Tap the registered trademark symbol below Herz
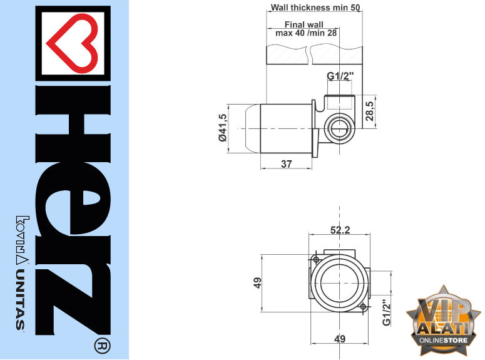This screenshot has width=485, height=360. pos(102,346)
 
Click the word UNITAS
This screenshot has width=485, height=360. pos(21,300)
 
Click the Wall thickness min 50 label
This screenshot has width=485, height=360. pos(315,7)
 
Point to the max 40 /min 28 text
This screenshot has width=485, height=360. pos(306,33)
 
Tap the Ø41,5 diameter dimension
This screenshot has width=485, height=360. pos(223,128)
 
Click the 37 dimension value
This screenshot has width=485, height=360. pos(287,164)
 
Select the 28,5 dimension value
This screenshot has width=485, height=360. pos(369,111)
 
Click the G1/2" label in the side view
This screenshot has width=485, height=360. pos(340,76)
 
